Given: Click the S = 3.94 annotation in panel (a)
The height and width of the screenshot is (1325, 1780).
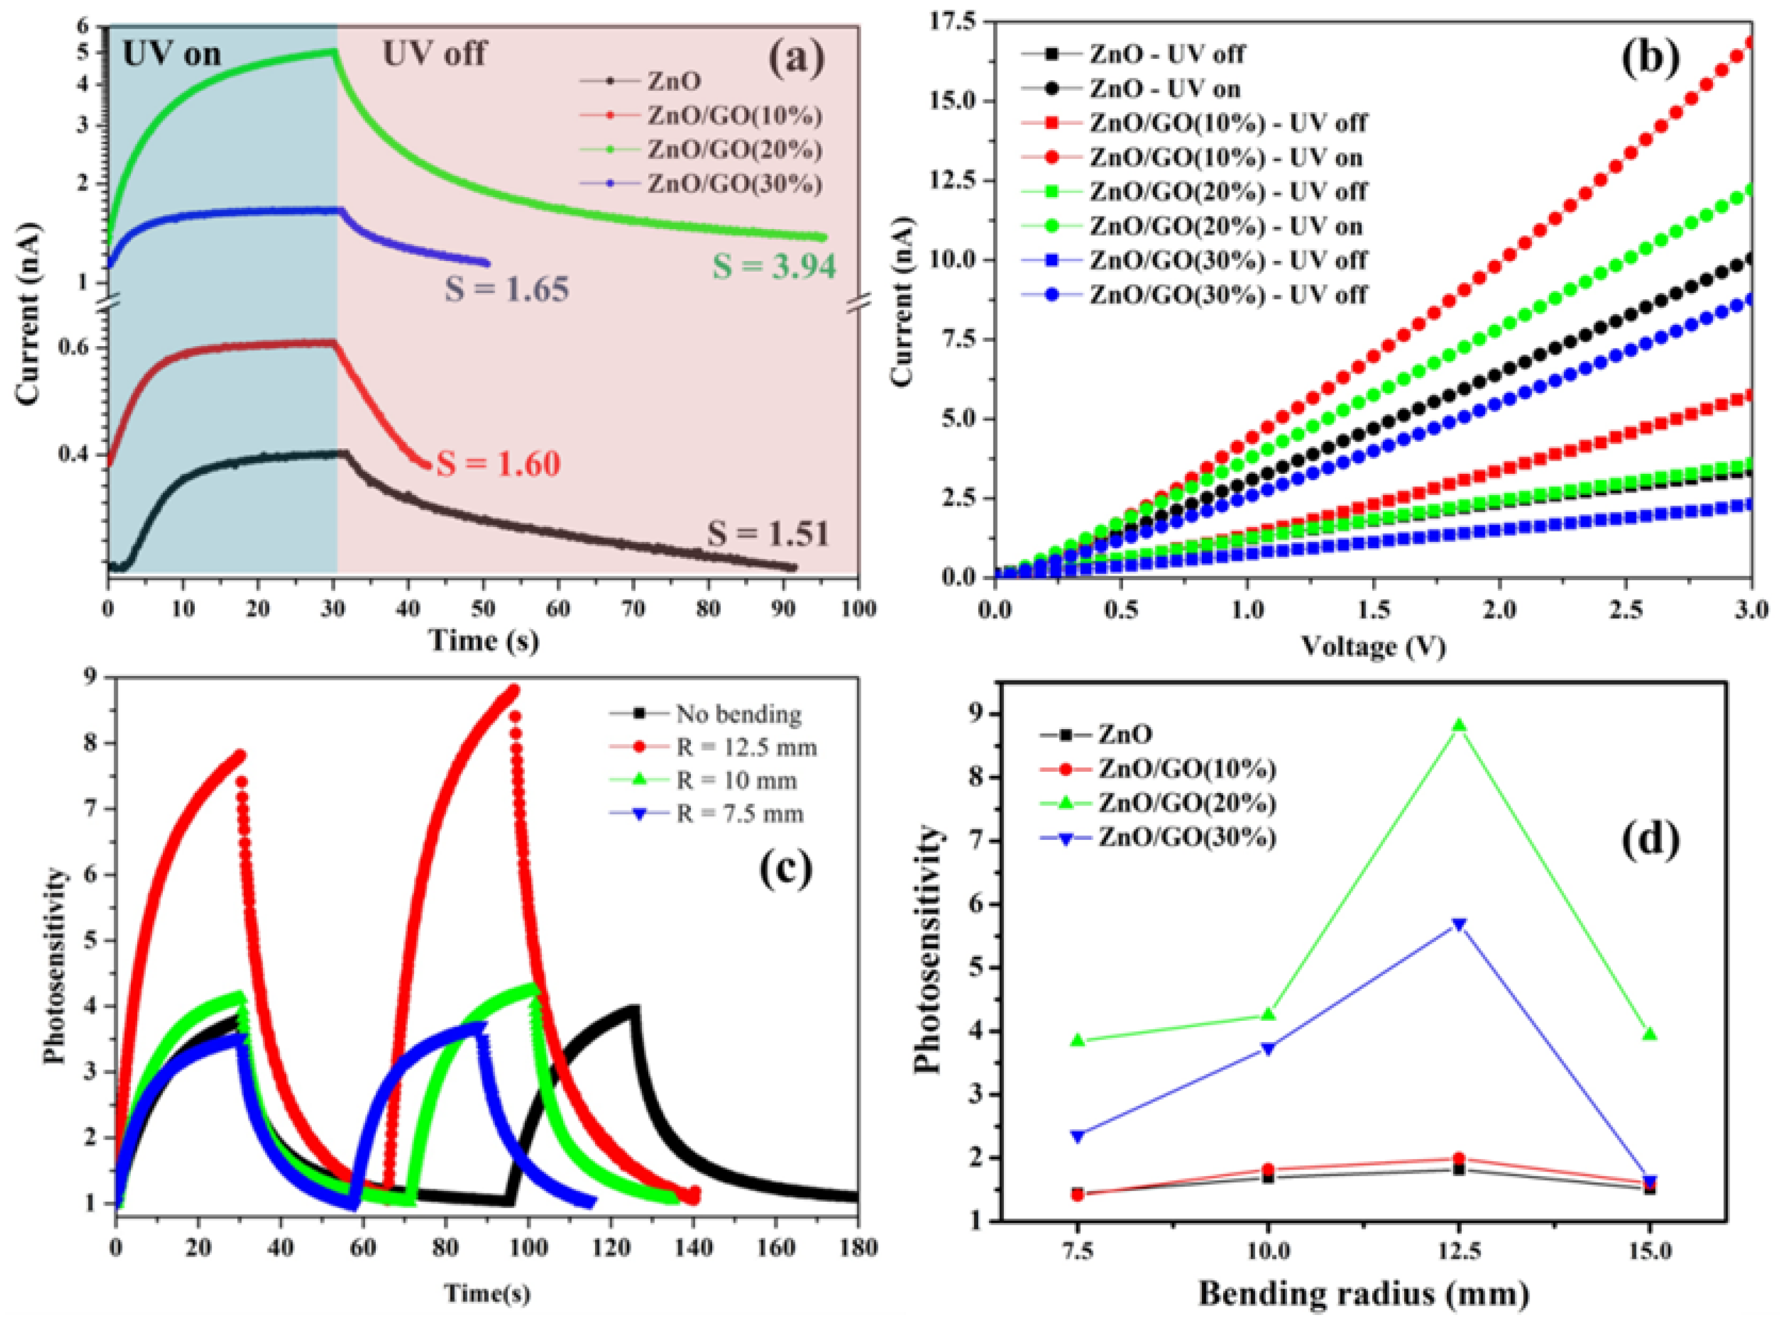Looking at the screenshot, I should pos(774,265).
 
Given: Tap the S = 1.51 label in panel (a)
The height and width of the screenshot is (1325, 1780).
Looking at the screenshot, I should pos(768,533).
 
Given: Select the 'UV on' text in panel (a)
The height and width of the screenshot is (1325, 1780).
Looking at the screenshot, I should pos(171,54).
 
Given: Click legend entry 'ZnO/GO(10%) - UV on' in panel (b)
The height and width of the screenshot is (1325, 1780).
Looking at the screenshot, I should pos(1226,157).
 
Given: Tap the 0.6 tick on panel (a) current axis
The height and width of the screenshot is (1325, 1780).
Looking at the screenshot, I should pos(80,348).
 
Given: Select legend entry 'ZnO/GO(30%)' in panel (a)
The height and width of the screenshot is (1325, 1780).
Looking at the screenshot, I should pos(733,185).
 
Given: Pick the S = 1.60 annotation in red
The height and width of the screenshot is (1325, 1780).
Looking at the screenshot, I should pos(497,464).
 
